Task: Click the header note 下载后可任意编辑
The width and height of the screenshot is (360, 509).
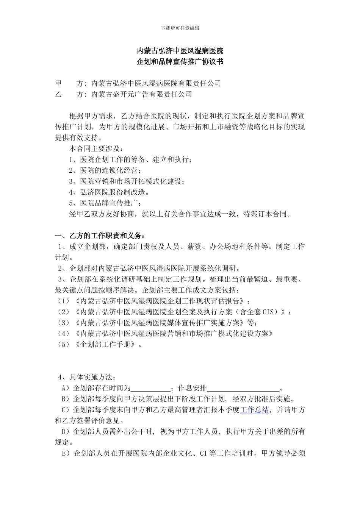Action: click(x=180, y=28)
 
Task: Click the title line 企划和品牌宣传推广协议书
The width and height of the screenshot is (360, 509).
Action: click(x=180, y=62)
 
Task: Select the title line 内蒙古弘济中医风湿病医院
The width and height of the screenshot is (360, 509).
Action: click(x=180, y=51)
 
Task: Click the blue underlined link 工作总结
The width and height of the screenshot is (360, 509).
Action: click(x=255, y=410)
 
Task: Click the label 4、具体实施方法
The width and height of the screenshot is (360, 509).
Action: click(x=87, y=377)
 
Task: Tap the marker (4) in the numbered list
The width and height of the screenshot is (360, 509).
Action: click(x=63, y=334)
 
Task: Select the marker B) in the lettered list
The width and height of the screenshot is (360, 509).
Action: click(x=66, y=399)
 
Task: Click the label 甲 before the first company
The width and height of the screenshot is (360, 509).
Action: click(x=58, y=83)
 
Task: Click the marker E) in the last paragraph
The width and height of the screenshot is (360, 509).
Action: click(x=66, y=453)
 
